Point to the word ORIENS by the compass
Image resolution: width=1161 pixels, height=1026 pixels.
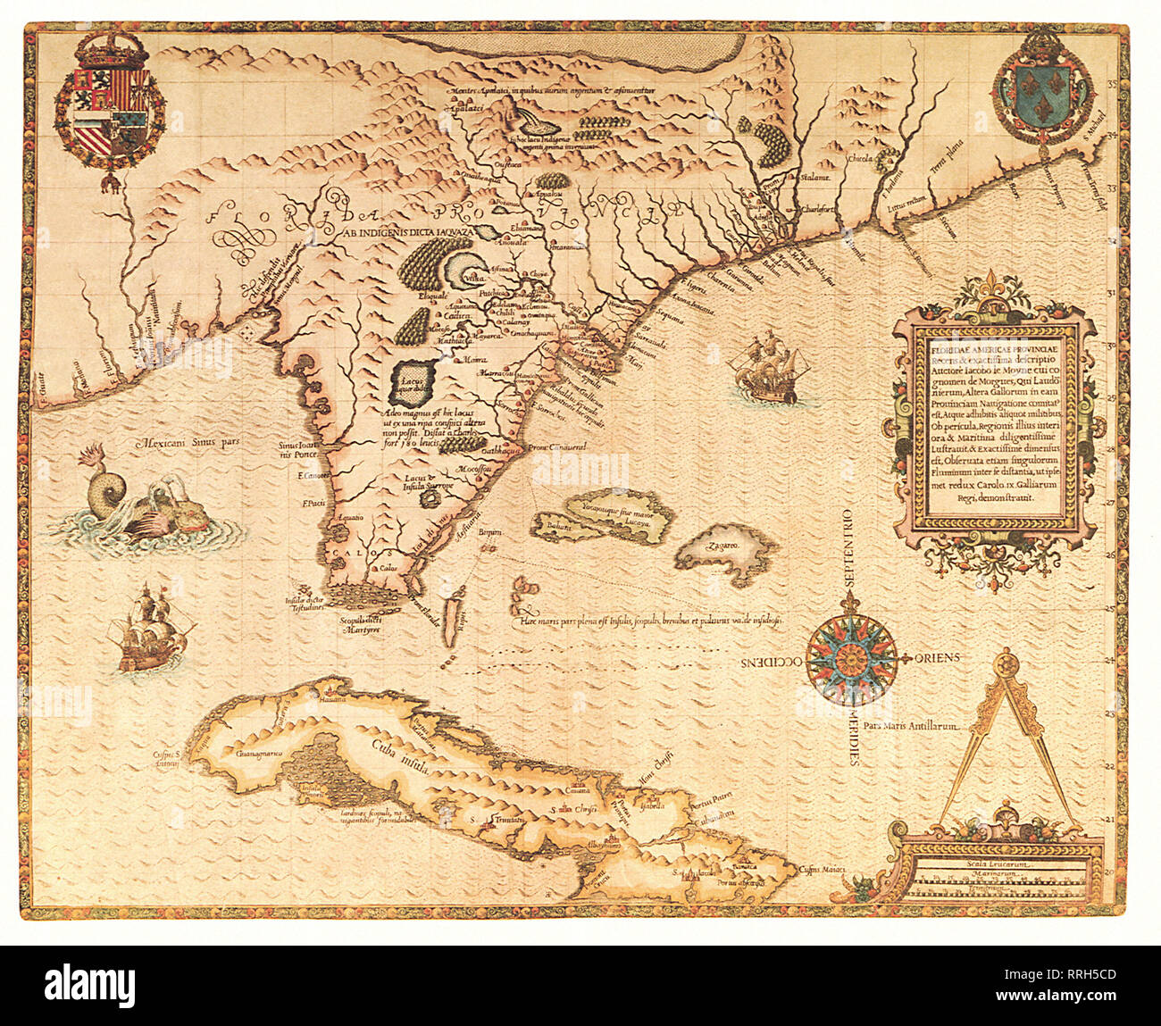[x=937, y=657]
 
